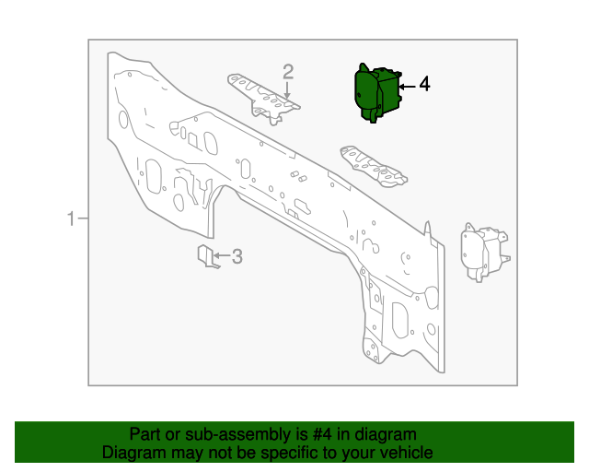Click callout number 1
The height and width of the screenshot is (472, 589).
[x=70, y=218]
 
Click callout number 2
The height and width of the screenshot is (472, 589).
[x=288, y=71]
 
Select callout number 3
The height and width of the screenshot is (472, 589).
[x=237, y=256]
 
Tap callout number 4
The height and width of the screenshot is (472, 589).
[x=424, y=84]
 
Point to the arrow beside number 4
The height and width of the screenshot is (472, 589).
[x=407, y=85]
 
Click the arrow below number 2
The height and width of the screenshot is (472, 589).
[x=288, y=90]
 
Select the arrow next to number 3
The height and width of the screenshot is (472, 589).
[x=221, y=256]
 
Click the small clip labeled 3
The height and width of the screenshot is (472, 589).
[x=207, y=258]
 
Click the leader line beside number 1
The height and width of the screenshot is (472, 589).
[x=82, y=218]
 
